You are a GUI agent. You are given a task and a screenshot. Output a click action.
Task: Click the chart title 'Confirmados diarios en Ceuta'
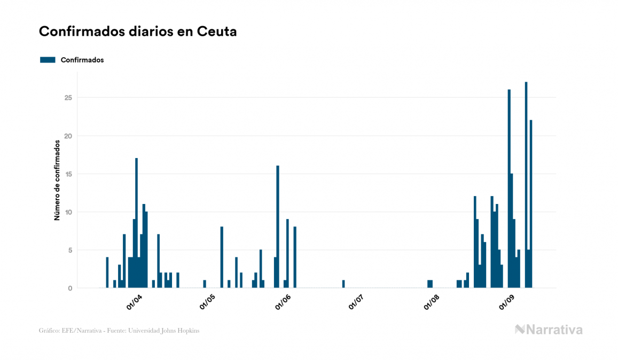(138, 32)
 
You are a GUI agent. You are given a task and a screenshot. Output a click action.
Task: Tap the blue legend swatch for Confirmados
(48, 60)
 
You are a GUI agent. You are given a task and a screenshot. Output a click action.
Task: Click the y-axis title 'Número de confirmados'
(57, 181)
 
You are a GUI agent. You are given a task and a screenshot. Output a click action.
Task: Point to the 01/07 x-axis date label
(356, 302)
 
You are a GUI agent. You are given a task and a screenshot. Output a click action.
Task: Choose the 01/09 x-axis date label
(506, 302)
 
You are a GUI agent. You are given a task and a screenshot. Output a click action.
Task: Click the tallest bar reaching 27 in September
(526, 185)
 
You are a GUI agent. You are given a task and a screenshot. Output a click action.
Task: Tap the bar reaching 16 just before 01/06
(278, 227)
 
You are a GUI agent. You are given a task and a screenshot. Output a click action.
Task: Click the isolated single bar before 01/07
(343, 284)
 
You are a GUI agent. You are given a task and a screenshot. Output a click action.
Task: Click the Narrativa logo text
(554, 330)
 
